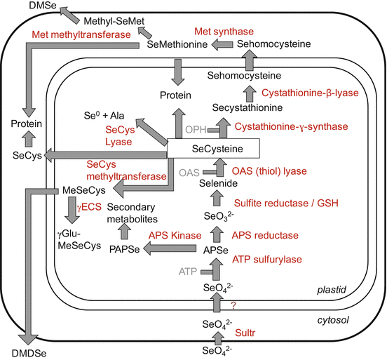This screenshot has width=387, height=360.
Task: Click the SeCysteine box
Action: pyautogui.click(x=213, y=148)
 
